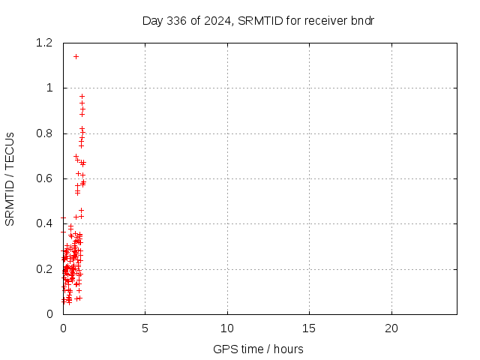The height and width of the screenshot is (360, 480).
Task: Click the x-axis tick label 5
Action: [x=145, y=328]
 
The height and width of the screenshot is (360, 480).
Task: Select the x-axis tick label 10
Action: [x=226, y=328]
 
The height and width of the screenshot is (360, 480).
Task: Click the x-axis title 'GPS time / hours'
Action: [x=258, y=349]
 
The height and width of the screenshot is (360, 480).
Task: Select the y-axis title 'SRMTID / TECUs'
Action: [x=10, y=178]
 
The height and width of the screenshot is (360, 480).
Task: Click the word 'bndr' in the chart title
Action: [x=362, y=20]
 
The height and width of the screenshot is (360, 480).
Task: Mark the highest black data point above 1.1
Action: [x=76, y=56]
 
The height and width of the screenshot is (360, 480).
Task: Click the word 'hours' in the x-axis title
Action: [x=288, y=349]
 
